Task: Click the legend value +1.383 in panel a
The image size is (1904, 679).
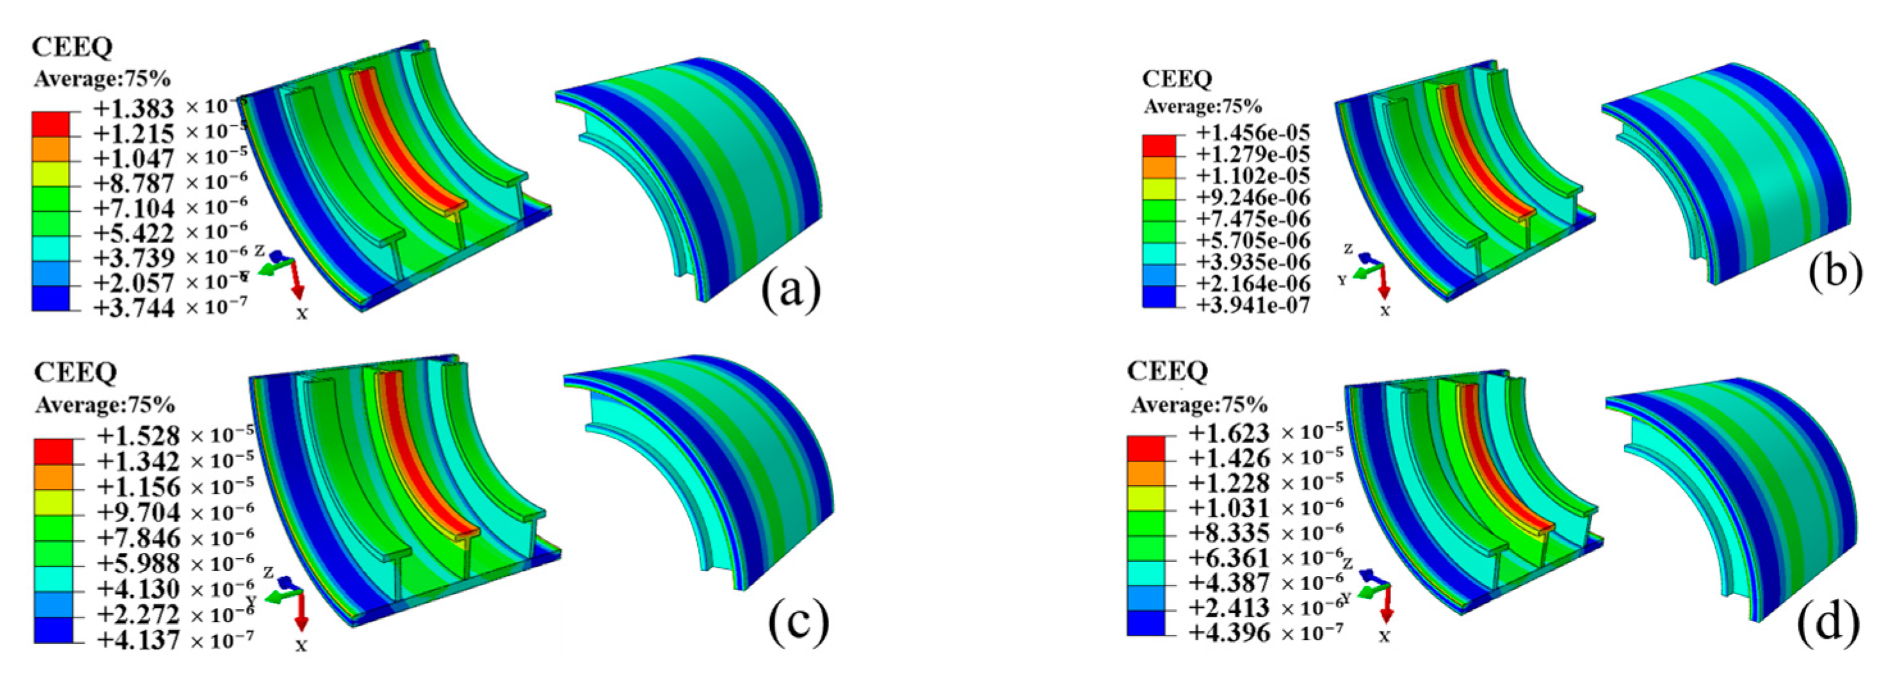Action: coord(133,109)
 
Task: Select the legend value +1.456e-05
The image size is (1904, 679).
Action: coord(1253,133)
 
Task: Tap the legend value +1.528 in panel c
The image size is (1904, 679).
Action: coord(138,435)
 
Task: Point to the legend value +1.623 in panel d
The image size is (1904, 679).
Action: coord(1229,433)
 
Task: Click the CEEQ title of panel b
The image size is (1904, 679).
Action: coord(1177,78)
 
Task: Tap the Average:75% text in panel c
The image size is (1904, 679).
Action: coord(104,405)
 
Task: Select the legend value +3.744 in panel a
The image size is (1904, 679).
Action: coord(133,307)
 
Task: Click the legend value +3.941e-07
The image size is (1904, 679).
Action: coord(1253,305)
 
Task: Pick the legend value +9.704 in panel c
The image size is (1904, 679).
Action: coord(138,511)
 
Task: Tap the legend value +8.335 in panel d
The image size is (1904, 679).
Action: coord(1229,532)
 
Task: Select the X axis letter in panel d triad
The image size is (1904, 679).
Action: coord(1384,636)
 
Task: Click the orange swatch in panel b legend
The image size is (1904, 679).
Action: coord(1158,168)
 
